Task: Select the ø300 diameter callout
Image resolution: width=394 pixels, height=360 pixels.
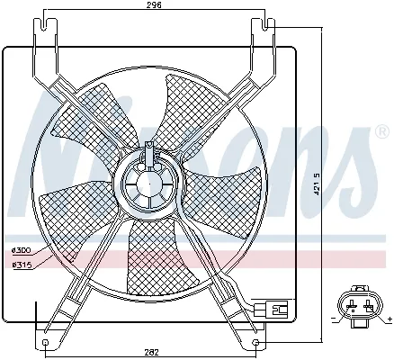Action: click(x=21, y=249)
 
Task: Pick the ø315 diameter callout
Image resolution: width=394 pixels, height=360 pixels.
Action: click(x=21, y=264)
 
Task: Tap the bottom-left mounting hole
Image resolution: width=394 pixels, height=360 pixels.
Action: click(x=46, y=342)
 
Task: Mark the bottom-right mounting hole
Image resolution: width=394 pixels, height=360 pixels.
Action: click(x=258, y=342)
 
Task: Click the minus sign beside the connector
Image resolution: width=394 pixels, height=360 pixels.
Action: click(x=334, y=319)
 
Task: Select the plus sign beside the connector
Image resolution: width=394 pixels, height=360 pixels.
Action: click(x=388, y=319)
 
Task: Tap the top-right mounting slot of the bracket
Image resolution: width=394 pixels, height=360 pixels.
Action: click(x=268, y=36)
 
